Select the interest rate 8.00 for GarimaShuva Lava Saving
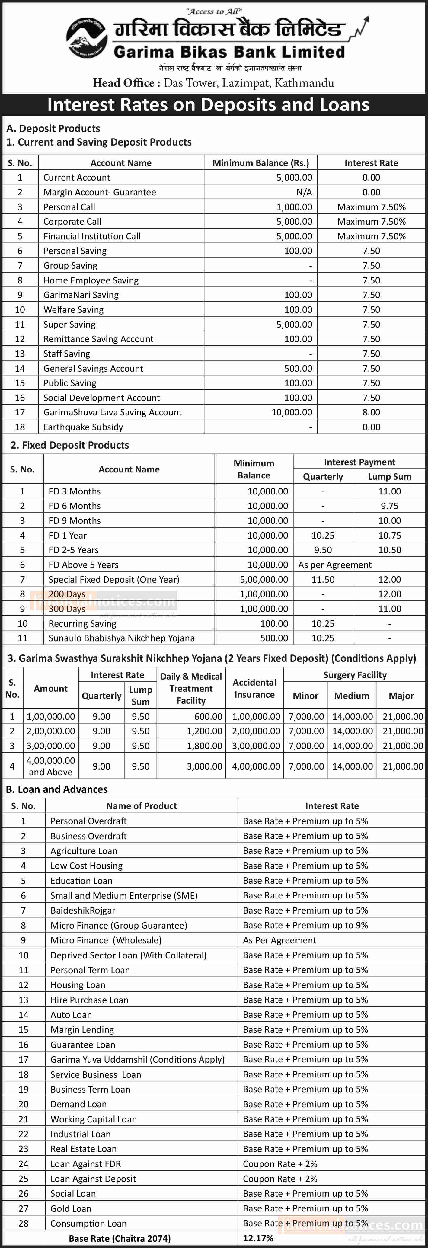[371, 412]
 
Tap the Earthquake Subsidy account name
[83, 427]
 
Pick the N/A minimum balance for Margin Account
[304, 192]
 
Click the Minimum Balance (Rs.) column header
[260, 163]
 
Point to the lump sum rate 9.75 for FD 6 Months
[389, 506]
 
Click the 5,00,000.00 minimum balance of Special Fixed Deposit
[264, 579]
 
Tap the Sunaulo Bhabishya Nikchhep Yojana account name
[122, 638]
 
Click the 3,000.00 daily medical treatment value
[205, 766]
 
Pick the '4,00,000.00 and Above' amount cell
[51, 766]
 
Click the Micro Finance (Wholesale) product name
[106, 940]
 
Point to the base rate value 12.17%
[258, 1238]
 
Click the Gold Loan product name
[71, 1208]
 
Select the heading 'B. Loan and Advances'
[57, 789]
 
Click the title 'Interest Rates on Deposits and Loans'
[208, 105]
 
